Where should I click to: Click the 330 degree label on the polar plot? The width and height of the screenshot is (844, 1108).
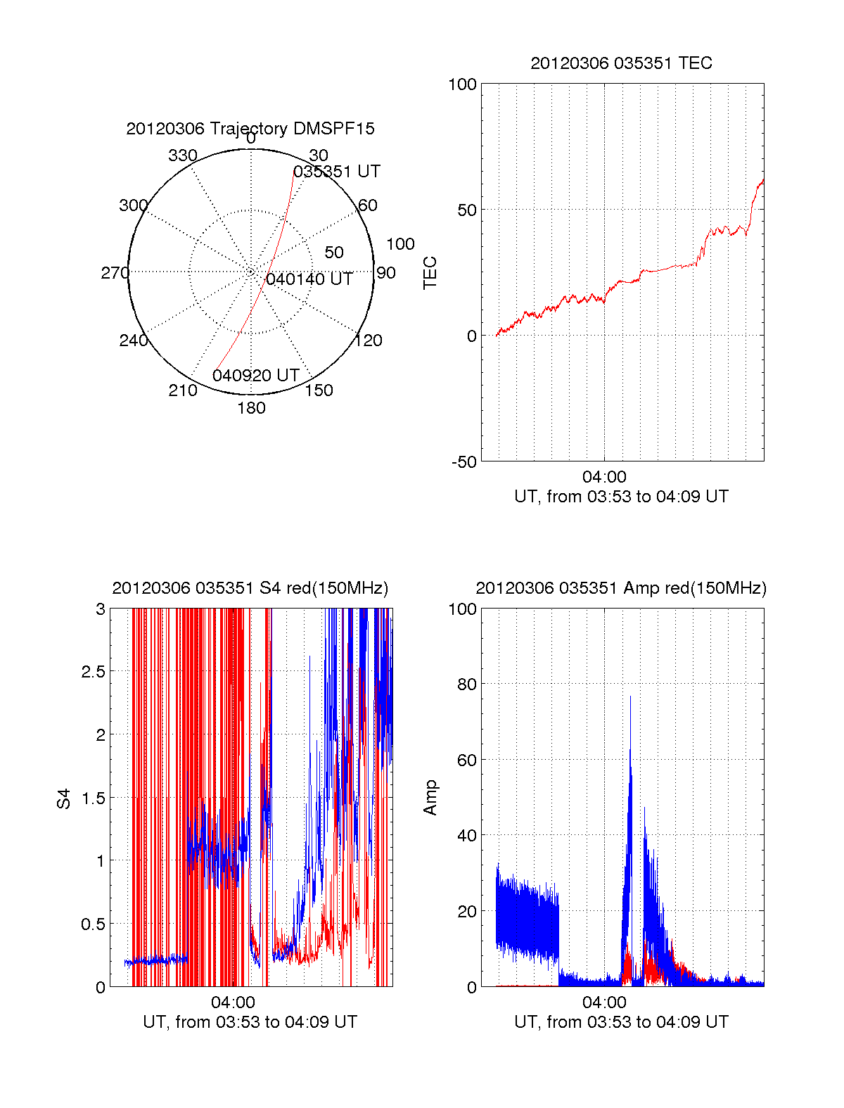(182, 155)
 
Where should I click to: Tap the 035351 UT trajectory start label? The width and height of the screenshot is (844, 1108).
(336, 172)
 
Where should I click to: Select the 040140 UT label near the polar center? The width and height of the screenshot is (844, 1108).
(309, 279)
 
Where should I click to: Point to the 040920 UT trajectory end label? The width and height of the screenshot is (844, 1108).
(256, 376)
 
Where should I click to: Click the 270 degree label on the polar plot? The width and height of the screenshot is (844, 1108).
(115, 273)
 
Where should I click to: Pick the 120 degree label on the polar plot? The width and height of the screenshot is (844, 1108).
(369, 340)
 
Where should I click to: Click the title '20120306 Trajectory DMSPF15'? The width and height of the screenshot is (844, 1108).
(250, 129)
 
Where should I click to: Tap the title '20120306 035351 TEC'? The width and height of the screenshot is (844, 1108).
(621, 63)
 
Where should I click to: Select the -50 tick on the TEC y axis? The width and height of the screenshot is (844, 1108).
(464, 461)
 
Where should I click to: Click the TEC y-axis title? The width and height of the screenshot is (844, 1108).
(430, 273)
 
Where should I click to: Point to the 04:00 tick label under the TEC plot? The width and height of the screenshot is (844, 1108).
(604, 478)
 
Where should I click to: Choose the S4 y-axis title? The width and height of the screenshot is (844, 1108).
(64, 798)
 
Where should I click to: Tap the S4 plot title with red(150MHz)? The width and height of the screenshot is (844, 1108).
(250, 588)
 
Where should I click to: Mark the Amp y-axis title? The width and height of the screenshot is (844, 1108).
(430, 798)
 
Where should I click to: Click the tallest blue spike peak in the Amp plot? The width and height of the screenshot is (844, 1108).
(630, 696)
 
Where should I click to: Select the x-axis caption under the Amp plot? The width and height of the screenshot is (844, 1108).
(621, 1022)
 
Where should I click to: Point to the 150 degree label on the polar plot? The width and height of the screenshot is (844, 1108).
(319, 390)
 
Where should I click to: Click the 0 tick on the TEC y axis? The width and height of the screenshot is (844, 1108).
(471, 336)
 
